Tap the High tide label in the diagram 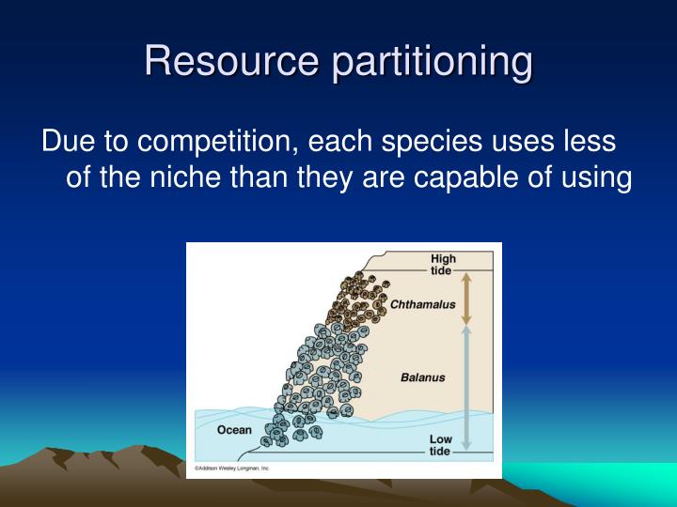click(443, 265)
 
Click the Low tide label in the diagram click(441, 445)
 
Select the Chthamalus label click(422, 304)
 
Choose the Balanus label click(422, 378)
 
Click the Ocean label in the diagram click(234, 430)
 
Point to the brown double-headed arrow click(464, 297)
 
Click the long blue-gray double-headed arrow click(464, 385)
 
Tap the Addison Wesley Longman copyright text click(231, 467)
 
